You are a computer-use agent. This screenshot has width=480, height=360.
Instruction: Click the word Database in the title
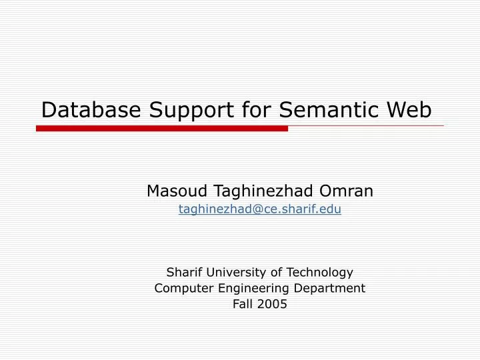(91, 109)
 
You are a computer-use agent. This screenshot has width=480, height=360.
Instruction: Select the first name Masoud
(175, 191)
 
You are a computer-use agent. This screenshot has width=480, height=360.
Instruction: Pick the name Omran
(347, 191)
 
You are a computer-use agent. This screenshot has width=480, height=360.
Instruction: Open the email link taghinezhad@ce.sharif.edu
(260, 209)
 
